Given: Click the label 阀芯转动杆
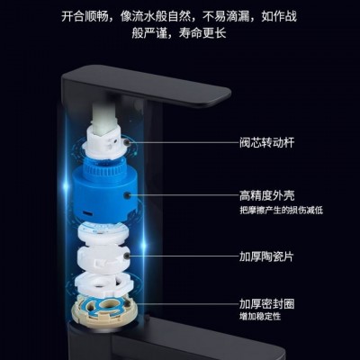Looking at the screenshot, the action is (266, 142).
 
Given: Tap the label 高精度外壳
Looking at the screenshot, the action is (266, 195).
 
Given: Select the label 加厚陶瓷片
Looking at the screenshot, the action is (266, 256).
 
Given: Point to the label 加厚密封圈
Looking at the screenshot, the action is (266, 304).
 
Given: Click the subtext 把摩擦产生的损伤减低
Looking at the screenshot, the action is (281, 211).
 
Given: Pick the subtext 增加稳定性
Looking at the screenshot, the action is (260, 317).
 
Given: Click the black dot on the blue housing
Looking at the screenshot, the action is (129, 195).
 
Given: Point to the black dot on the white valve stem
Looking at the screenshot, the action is (128, 142).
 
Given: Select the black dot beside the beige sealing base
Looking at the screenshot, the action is (128, 304).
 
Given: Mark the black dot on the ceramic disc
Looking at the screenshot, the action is (128, 256).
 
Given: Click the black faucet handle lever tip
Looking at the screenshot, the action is (222, 96).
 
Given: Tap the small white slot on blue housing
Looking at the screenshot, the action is (88, 213).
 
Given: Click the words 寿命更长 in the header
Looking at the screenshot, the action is (202, 33).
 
